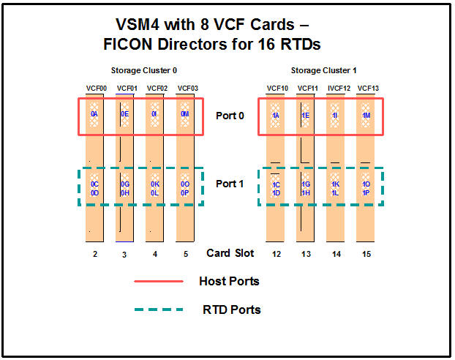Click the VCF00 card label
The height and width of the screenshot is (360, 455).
click(x=96, y=89)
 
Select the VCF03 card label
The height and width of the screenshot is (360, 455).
click(x=188, y=89)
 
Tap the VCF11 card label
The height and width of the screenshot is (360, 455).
click(x=307, y=89)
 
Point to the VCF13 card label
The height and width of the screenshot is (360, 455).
click(x=368, y=89)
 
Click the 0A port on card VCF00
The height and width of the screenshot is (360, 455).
click(x=94, y=115)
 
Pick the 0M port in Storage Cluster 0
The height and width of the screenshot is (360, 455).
click(x=187, y=115)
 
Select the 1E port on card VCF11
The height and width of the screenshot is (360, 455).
click(x=306, y=115)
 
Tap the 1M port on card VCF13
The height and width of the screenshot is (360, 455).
click(x=366, y=115)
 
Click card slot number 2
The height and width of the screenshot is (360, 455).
click(x=95, y=254)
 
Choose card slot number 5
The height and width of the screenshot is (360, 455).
click(x=186, y=254)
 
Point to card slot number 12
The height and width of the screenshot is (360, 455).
click(x=275, y=254)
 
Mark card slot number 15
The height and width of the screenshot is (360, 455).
click(x=366, y=254)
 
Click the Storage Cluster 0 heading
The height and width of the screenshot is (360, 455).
click(x=144, y=70)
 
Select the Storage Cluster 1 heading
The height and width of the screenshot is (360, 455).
click(x=323, y=70)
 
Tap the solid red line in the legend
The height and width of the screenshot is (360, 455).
click(x=158, y=281)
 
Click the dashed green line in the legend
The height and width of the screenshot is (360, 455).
click(x=158, y=310)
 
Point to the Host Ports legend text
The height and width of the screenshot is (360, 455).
click(x=229, y=281)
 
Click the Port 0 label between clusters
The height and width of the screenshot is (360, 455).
click(x=230, y=116)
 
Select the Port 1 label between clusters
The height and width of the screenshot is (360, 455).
click(x=230, y=184)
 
